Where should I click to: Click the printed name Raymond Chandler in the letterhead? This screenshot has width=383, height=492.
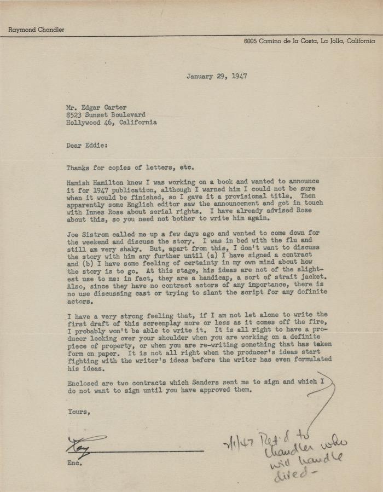(36, 30)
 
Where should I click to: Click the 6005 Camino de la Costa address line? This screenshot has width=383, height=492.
(310, 41)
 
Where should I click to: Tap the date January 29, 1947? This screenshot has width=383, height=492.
(216, 77)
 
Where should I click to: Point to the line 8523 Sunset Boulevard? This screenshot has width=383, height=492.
(106, 115)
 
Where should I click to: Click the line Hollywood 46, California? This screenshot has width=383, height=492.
(112, 123)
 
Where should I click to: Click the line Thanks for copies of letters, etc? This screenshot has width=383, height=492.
(130, 168)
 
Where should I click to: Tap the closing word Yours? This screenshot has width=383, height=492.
(79, 412)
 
